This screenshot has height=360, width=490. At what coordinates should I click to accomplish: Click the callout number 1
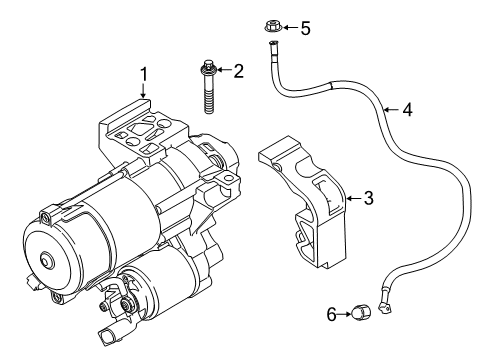pos(144,74)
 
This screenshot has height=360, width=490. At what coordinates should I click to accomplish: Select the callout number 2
pos(238,70)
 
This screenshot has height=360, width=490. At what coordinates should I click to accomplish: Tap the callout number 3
pos(368,199)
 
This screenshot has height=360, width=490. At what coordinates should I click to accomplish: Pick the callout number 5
pos(306,29)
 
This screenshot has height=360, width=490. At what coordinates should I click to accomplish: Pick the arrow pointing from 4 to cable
pos(390,109)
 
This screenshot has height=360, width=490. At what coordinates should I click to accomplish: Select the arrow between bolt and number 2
pos(222,70)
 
